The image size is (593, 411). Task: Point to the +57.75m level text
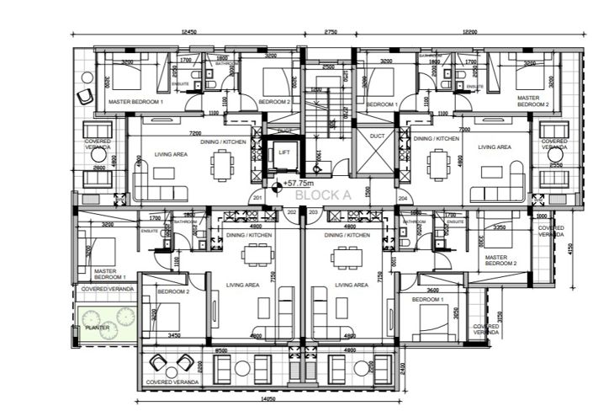[x=298, y=183]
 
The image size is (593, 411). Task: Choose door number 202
[x=291, y=212]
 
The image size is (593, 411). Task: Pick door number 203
[x=313, y=212]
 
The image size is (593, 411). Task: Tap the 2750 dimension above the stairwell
[x=329, y=32]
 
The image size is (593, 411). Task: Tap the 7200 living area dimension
[x=194, y=133]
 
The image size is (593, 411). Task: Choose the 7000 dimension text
[x=464, y=131]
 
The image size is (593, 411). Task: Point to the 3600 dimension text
[x=432, y=290]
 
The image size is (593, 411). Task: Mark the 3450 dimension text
[x=173, y=336]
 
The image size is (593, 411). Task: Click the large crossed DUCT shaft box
[x=374, y=153]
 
